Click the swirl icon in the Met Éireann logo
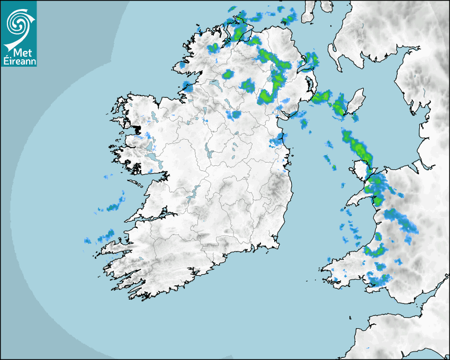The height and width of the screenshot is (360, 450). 18,23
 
